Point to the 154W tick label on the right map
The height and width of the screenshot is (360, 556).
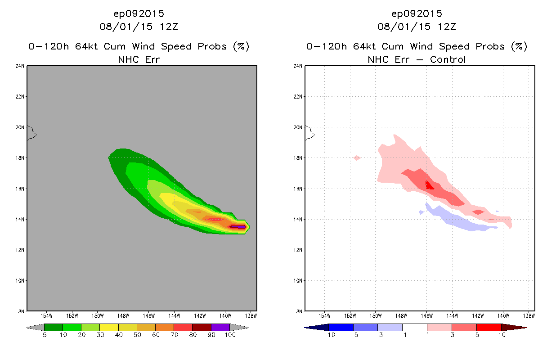[x=324, y=315]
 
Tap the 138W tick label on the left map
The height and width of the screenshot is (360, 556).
[x=251, y=315]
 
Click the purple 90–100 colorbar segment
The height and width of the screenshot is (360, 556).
[x=220, y=327]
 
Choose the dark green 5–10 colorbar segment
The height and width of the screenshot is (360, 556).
[x=54, y=327]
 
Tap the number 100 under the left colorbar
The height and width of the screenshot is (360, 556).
[x=230, y=335]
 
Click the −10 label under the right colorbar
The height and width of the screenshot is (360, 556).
[x=328, y=335]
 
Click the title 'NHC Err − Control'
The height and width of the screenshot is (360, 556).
[x=417, y=59]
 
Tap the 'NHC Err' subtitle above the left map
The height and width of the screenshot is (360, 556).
[x=139, y=59]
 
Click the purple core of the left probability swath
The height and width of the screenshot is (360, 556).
[x=238, y=227]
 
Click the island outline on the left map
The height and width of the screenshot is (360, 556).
[x=31, y=133]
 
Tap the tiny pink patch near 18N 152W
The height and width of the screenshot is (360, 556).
[x=357, y=157]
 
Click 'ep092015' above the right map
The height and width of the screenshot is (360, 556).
[x=417, y=13]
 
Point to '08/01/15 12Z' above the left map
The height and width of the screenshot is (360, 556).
[x=139, y=27]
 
